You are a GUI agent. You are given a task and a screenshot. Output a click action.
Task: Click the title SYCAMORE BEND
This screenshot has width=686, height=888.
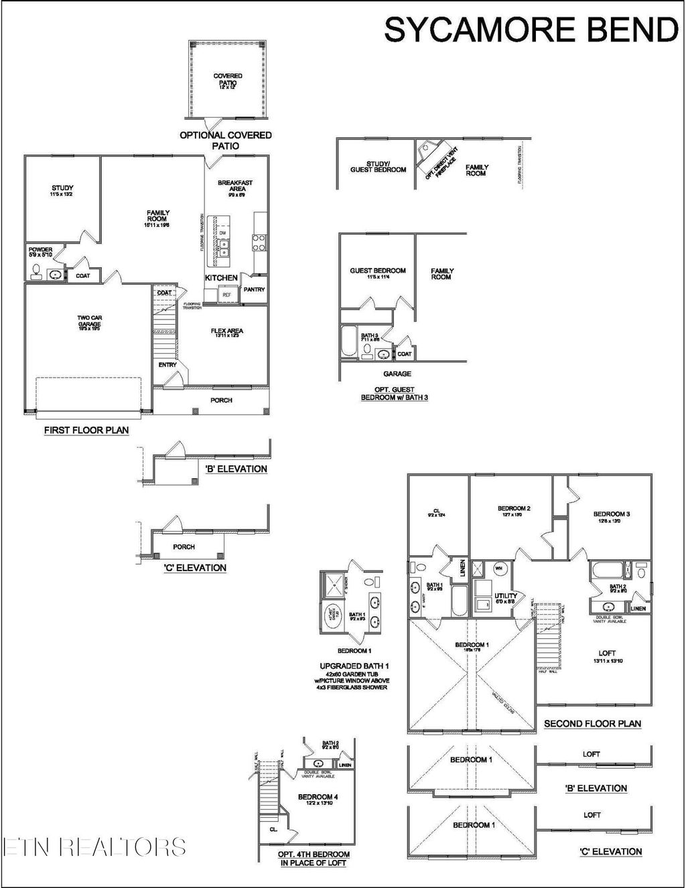point(531,30)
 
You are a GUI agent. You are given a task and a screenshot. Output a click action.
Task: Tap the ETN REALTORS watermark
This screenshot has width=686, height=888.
point(94,846)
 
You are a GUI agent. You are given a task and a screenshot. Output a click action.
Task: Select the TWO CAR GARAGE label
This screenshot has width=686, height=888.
point(89,322)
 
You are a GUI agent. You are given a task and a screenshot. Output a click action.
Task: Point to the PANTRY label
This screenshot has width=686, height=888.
point(255,289)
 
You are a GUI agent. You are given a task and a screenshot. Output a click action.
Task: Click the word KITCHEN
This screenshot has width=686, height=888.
point(221,277)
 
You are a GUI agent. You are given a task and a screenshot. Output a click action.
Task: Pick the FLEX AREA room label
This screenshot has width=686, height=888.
point(227,331)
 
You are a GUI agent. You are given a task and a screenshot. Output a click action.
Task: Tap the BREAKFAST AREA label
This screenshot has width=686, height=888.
point(235,186)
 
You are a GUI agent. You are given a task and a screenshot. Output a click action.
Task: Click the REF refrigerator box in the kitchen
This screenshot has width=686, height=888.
point(226,294)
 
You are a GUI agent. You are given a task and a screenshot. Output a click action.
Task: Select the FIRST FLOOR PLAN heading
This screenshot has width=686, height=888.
point(86,430)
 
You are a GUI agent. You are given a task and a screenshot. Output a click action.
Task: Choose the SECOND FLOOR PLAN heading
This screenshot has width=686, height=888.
point(592,723)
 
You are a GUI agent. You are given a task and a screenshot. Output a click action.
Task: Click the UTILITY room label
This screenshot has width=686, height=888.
point(505,596)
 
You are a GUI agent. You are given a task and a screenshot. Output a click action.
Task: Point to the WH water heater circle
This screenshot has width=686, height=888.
point(498,568)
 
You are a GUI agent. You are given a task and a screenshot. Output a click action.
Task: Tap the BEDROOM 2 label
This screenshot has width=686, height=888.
point(514,510)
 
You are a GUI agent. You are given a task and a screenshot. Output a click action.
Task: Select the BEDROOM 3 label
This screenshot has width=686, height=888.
point(611,516)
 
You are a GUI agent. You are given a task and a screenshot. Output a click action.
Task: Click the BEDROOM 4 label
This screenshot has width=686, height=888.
point(318,798)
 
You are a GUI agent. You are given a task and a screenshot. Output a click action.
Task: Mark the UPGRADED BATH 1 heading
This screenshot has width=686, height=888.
point(354,666)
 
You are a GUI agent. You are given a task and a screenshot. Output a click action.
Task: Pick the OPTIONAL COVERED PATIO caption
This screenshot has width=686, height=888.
point(226,140)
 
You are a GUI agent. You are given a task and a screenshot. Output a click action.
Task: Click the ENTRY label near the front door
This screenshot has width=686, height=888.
point(167,365)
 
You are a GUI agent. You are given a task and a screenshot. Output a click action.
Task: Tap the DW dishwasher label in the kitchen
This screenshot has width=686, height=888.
point(222,233)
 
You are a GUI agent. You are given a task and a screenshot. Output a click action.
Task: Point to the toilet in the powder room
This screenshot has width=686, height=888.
point(36,272)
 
